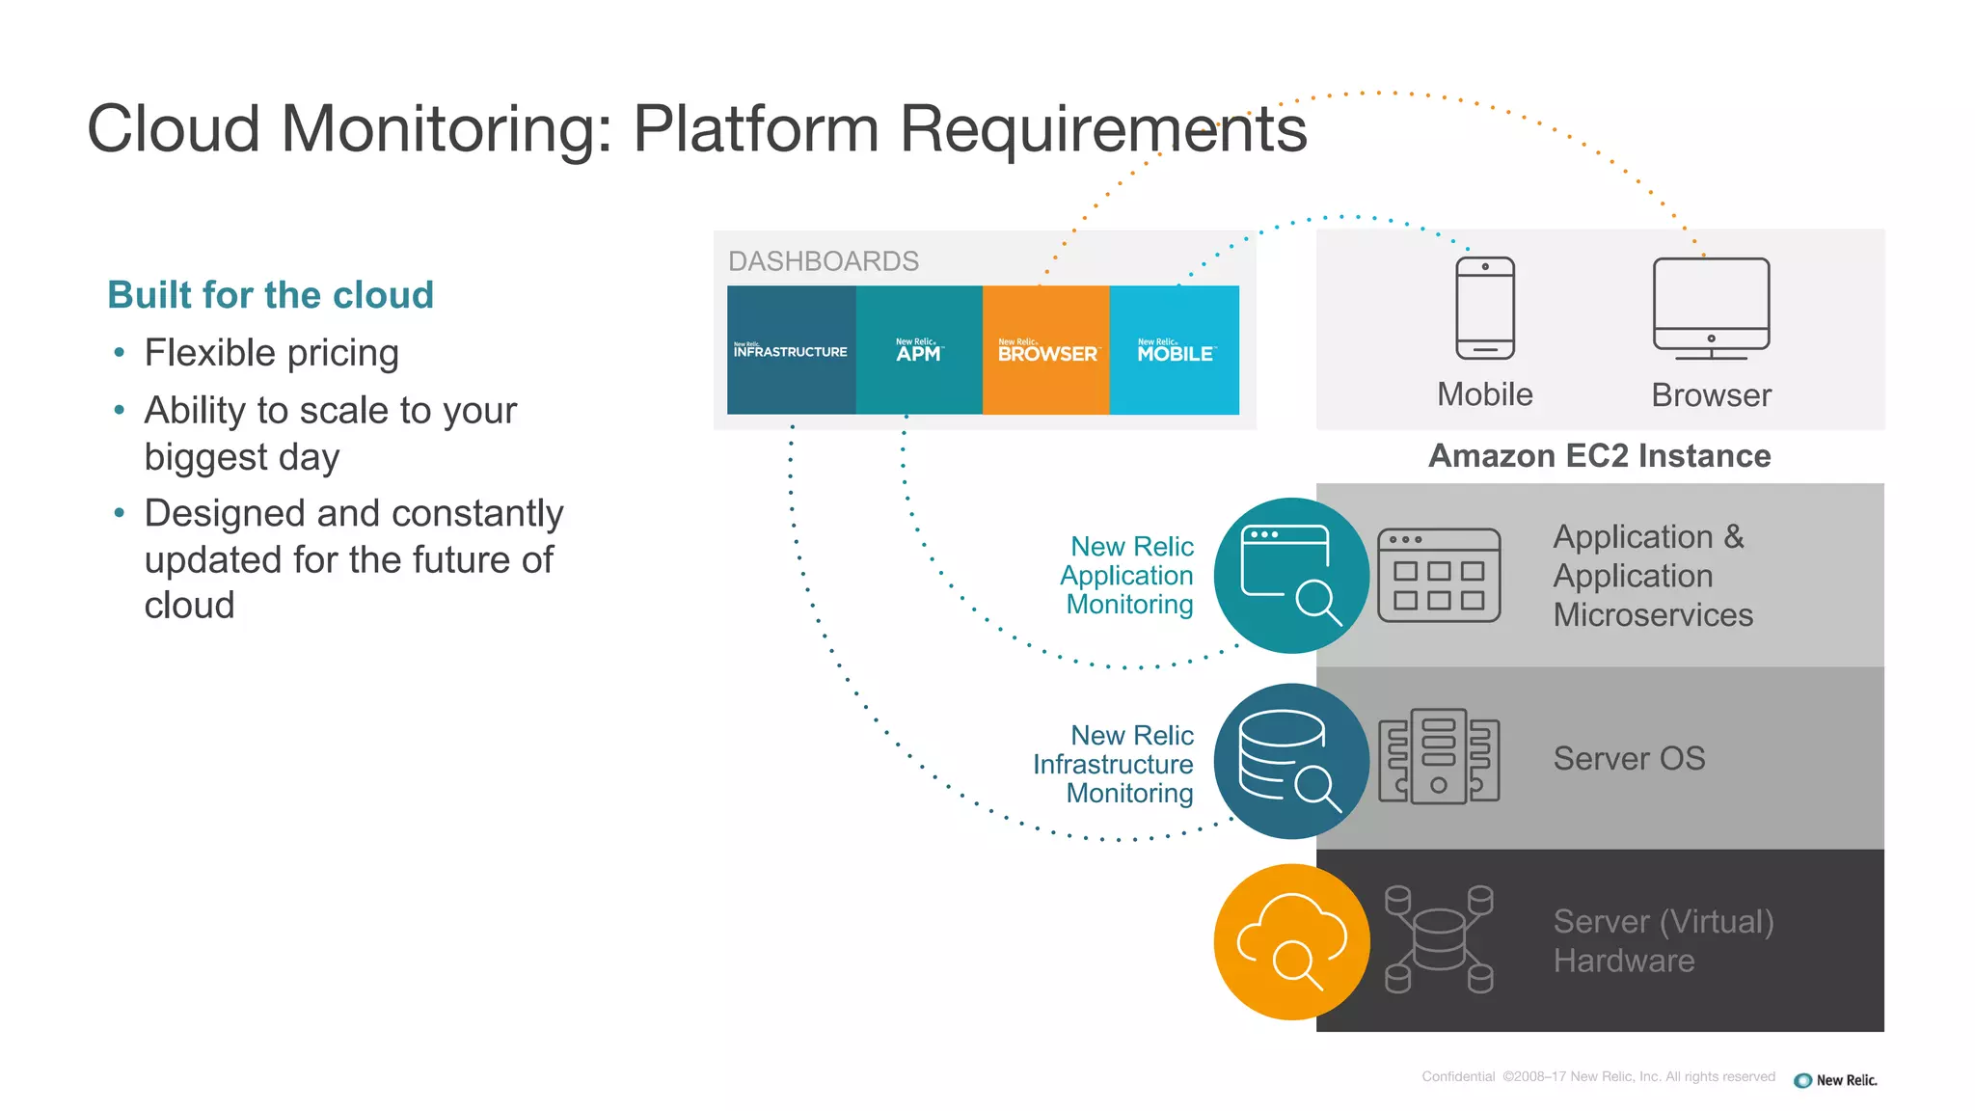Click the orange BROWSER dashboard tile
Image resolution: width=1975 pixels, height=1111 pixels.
(1046, 350)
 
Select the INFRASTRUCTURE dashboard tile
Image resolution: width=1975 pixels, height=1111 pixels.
(791, 350)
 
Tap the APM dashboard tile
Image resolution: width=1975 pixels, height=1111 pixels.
(919, 350)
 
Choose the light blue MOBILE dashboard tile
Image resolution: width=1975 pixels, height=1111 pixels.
(1175, 350)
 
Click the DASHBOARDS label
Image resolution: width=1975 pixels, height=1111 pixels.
(823, 261)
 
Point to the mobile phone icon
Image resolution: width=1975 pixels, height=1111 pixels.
(1485, 308)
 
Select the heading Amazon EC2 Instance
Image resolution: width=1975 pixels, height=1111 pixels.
(1599, 456)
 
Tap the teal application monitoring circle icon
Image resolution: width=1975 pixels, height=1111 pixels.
(1291, 576)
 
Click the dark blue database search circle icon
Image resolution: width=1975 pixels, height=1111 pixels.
(1291, 761)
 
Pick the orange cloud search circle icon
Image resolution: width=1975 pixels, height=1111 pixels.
(1291, 941)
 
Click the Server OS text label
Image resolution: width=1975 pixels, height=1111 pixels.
(1629, 759)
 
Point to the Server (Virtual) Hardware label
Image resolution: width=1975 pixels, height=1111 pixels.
(1663, 941)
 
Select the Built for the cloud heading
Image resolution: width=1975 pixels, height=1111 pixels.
(270, 295)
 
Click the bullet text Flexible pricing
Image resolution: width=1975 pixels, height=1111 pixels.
(271, 353)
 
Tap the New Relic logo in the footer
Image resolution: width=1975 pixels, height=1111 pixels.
(1835, 1080)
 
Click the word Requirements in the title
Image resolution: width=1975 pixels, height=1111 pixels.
(1102, 128)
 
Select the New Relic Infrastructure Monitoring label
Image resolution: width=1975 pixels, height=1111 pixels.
(1114, 764)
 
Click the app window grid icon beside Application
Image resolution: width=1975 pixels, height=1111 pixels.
(1439, 576)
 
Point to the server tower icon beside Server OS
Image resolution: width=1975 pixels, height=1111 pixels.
(1439, 757)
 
